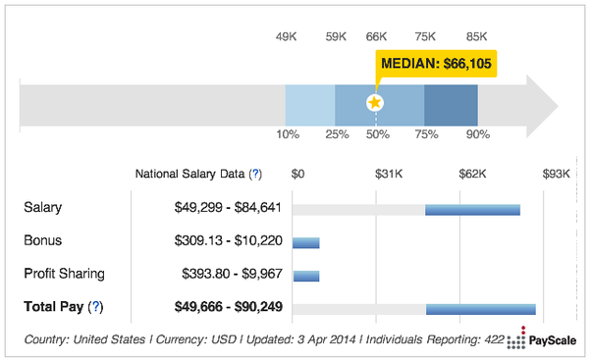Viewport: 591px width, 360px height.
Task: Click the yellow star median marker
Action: (x=375, y=102)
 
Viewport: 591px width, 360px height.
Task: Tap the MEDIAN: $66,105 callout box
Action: (x=436, y=64)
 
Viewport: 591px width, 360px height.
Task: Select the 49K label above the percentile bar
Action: (x=286, y=36)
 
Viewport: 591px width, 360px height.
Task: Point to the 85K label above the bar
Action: (x=476, y=36)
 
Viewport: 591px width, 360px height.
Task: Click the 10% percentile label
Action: (x=288, y=134)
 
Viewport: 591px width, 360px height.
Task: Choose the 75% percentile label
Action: (x=426, y=134)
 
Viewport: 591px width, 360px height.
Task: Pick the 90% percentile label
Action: (x=478, y=134)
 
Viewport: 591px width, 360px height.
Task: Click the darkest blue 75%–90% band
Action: (x=452, y=105)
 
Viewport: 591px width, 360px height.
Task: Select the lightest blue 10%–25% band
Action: (x=310, y=105)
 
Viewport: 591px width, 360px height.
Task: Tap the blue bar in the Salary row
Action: (x=472, y=210)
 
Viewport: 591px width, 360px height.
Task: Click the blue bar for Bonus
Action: (x=306, y=243)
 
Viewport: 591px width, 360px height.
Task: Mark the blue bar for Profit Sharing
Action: (x=306, y=276)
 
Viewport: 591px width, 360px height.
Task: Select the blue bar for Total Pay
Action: (x=481, y=309)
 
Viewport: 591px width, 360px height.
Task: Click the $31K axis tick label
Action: (x=389, y=174)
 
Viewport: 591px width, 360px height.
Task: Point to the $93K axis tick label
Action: (x=557, y=174)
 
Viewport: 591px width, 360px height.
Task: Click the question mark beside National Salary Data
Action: (x=256, y=174)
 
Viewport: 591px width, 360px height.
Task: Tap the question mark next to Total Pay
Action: (x=96, y=306)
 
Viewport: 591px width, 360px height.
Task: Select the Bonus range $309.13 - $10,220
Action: (x=228, y=240)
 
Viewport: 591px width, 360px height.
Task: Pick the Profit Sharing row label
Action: (x=64, y=274)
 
